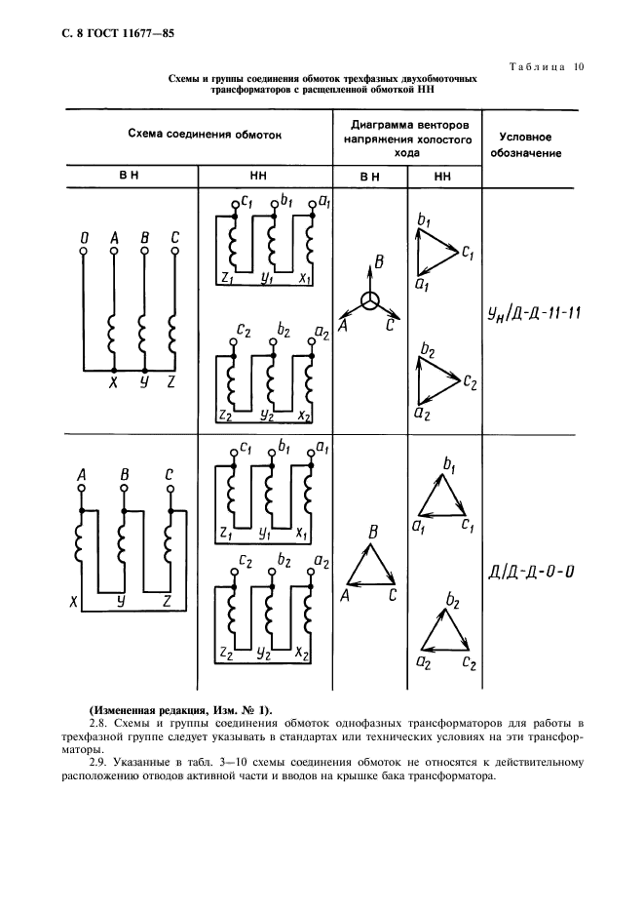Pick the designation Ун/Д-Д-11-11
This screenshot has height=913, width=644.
tap(533, 313)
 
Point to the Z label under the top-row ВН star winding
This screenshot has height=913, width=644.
tap(171, 382)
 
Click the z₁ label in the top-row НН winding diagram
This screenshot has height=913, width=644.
tap(226, 279)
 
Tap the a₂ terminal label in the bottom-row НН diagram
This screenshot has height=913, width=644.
tap(322, 563)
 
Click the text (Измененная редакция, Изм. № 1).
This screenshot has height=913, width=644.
tap(181, 708)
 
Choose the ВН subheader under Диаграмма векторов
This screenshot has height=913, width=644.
tap(369, 177)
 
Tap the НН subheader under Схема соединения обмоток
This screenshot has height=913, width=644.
tap(265, 177)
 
